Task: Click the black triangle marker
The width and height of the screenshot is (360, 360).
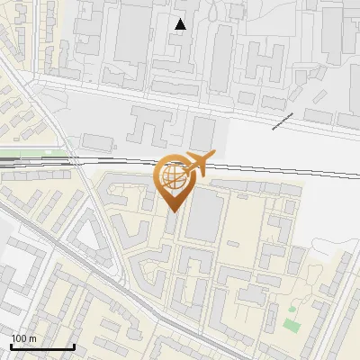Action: tap(181, 24)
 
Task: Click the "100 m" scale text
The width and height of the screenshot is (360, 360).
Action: tap(23, 338)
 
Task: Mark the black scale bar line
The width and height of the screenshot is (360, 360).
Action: tap(41, 346)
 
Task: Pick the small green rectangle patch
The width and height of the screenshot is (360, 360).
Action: tap(290, 323)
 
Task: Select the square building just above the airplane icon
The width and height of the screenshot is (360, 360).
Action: tap(203, 132)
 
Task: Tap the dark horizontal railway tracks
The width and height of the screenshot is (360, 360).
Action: tap(270, 168)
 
